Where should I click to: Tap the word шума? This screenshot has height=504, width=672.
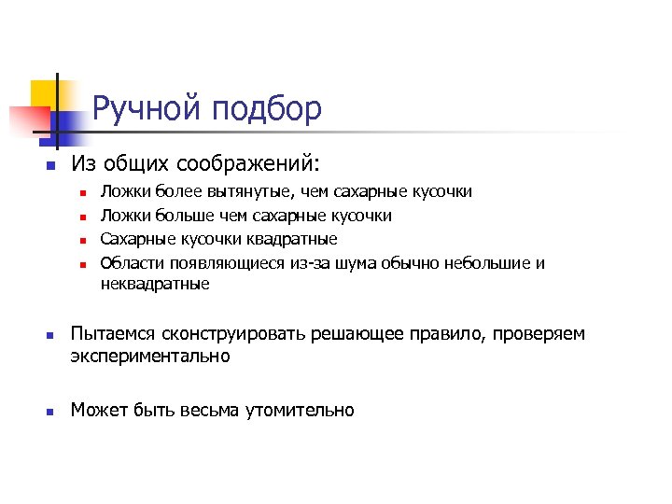tap(357, 263)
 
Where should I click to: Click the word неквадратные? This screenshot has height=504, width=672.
tap(155, 284)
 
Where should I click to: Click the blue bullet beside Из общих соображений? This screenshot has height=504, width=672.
tap(50, 165)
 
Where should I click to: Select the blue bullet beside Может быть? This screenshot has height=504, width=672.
tap(50, 411)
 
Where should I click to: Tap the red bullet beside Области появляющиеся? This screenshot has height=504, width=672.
tap(82, 265)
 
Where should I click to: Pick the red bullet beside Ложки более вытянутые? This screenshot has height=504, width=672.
tap(82, 193)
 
